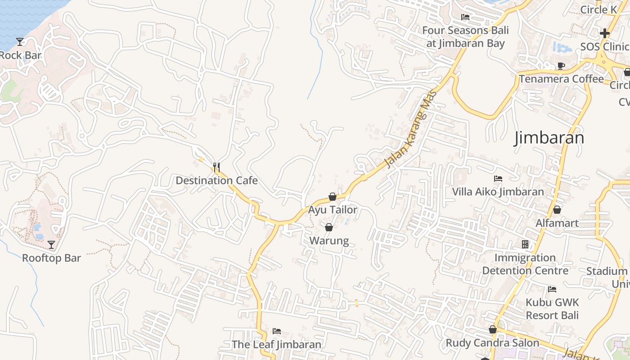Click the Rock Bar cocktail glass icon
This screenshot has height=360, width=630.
(x=20, y=42)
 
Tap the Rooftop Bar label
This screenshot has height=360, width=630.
(x=51, y=258)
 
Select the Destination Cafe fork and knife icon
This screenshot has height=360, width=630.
(x=216, y=167)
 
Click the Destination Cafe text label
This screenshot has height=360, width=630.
(x=216, y=180)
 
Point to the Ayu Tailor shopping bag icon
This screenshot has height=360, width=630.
(x=333, y=197)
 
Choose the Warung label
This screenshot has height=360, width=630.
(x=329, y=241)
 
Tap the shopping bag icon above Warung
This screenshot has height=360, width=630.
(x=329, y=227)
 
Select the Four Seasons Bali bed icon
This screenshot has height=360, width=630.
(x=465, y=17)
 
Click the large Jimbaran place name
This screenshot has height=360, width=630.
(x=549, y=138)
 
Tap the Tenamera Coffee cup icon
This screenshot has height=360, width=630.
(x=561, y=66)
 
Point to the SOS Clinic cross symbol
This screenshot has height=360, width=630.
(x=604, y=33)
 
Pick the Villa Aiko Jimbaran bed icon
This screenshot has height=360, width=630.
(x=498, y=179)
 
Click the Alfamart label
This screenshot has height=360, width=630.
(x=557, y=223)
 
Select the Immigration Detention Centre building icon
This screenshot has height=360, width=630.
(x=525, y=244)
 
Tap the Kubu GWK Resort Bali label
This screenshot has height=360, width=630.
(x=552, y=308)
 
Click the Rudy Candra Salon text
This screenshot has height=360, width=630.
(x=492, y=343)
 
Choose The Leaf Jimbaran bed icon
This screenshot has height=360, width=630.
(x=276, y=331)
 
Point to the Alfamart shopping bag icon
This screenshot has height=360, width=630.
(x=557, y=210)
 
